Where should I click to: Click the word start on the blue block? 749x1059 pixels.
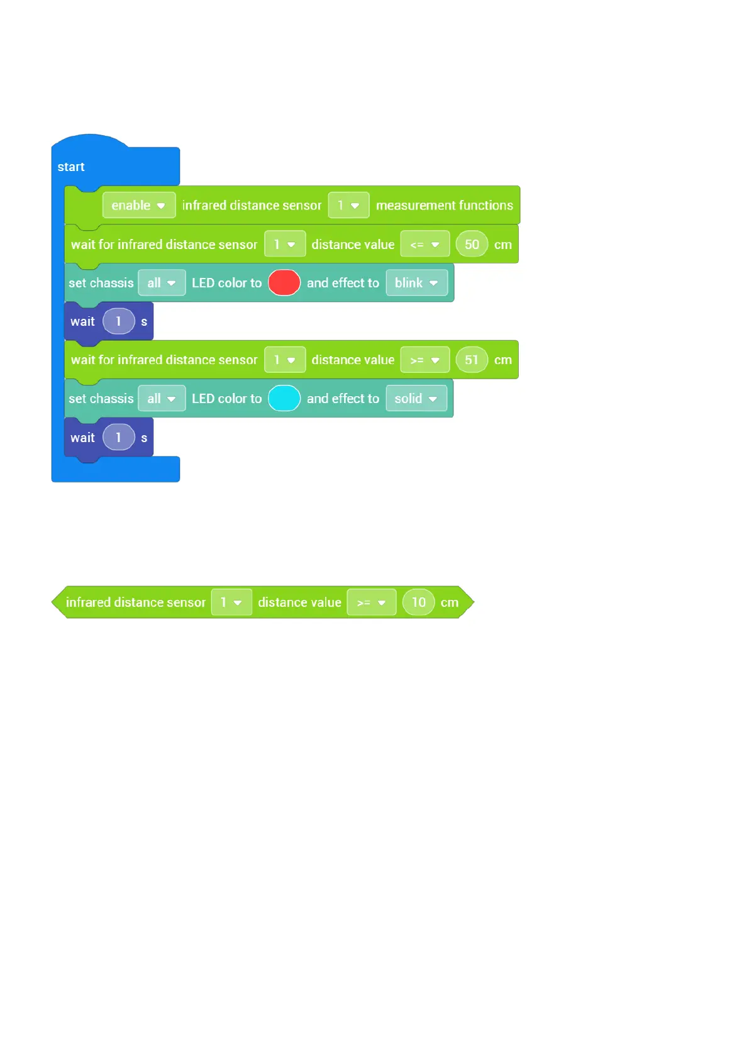click(x=71, y=167)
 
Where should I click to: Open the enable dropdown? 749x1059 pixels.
click(x=138, y=206)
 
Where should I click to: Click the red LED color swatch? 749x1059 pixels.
click(x=284, y=283)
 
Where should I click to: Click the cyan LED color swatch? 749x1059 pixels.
click(x=284, y=399)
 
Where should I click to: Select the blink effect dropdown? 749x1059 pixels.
click(x=416, y=283)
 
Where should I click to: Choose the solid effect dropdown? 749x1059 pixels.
click(x=416, y=399)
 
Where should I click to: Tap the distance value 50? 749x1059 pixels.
click(x=472, y=245)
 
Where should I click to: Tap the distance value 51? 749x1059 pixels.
click(x=472, y=360)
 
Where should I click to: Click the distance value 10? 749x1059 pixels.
click(x=418, y=602)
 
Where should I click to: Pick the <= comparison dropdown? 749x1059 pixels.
click(x=424, y=245)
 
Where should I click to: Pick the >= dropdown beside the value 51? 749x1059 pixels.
click(x=424, y=360)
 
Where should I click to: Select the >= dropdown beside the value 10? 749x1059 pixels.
click(x=371, y=602)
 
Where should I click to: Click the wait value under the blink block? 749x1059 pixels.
click(x=118, y=321)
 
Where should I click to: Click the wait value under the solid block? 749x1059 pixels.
click(x=118, y=438)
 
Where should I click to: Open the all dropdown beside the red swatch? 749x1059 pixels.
click(x=162, y=283)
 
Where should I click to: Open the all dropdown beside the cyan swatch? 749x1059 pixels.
click(x=162, y=399)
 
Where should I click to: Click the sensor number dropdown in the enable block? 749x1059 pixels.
click(x=348, y=206)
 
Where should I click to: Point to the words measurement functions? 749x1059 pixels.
click(x=444, y=206)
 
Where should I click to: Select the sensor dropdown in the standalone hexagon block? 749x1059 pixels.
click(x=231, y=602)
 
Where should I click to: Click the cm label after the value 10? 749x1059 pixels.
click(x=449, y=602)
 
